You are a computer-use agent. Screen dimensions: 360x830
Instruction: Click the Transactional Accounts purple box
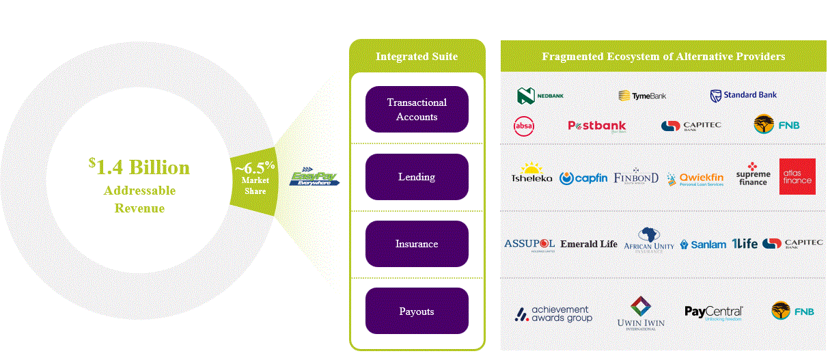tap(417, 109)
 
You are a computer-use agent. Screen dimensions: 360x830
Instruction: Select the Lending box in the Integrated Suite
tap(417, 177)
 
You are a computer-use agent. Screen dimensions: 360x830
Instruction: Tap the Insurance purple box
tap(417, 244)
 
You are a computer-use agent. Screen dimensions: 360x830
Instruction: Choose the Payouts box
tap(417, 311)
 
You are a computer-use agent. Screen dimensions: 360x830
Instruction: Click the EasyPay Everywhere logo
tap(314, 178)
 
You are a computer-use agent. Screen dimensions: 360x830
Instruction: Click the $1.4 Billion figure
tap(139, 167)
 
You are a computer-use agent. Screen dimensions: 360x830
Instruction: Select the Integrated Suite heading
tap(417, 56)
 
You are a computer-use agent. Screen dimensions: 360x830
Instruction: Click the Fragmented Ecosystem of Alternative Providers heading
tap(663, 56)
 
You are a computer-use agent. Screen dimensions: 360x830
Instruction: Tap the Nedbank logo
tap(540, 96)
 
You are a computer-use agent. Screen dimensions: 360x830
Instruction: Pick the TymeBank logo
tap(642, 96)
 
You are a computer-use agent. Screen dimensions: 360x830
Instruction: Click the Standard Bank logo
tap(743, 95)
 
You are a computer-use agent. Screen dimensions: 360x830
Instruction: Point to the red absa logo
tap(524, 125)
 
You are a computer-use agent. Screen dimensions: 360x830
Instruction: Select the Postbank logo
tap(596, 126)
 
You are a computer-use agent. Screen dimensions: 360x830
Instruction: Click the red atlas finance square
tap(797, 176)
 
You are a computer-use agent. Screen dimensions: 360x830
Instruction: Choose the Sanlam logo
tap(703, 244)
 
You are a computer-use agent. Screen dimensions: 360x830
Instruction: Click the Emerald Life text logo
tap(588, 244)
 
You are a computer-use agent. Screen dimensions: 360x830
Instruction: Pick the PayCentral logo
tap(713, 313)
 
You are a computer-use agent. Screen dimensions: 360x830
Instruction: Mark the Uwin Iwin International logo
tap(640, 314)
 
